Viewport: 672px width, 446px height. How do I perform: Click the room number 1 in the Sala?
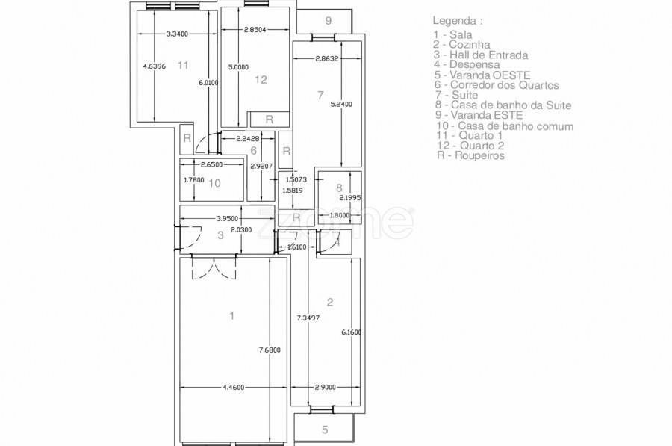(232, 316)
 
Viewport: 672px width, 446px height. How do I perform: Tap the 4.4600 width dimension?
(234, 388)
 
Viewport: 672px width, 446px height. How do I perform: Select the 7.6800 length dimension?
(270, 350)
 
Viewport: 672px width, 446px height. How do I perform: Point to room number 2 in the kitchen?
(329, 303)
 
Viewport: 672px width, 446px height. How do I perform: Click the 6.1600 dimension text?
(352, 332)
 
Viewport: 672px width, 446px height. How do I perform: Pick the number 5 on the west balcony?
(325, 430)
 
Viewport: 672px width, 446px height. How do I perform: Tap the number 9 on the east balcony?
(329, 21)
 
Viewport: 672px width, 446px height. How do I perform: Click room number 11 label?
(183, 65)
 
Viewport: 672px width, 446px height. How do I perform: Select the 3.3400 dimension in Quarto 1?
(177, 34)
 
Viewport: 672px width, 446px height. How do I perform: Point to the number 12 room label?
(261, 79)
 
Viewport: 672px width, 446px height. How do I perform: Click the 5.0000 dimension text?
(238, 67)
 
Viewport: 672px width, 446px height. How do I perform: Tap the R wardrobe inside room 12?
(269, 120)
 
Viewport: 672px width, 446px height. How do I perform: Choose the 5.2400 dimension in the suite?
(341, 104)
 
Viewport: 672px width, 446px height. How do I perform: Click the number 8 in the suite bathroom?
(339, 188)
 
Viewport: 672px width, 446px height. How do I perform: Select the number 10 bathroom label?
(214, 183)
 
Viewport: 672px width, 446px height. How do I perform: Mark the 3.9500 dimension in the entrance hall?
(228, 218)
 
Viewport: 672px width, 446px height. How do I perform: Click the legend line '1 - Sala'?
(452, 34)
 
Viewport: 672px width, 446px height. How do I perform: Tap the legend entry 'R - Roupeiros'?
(470, 155)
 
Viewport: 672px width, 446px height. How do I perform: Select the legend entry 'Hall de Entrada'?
(488, 55)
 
